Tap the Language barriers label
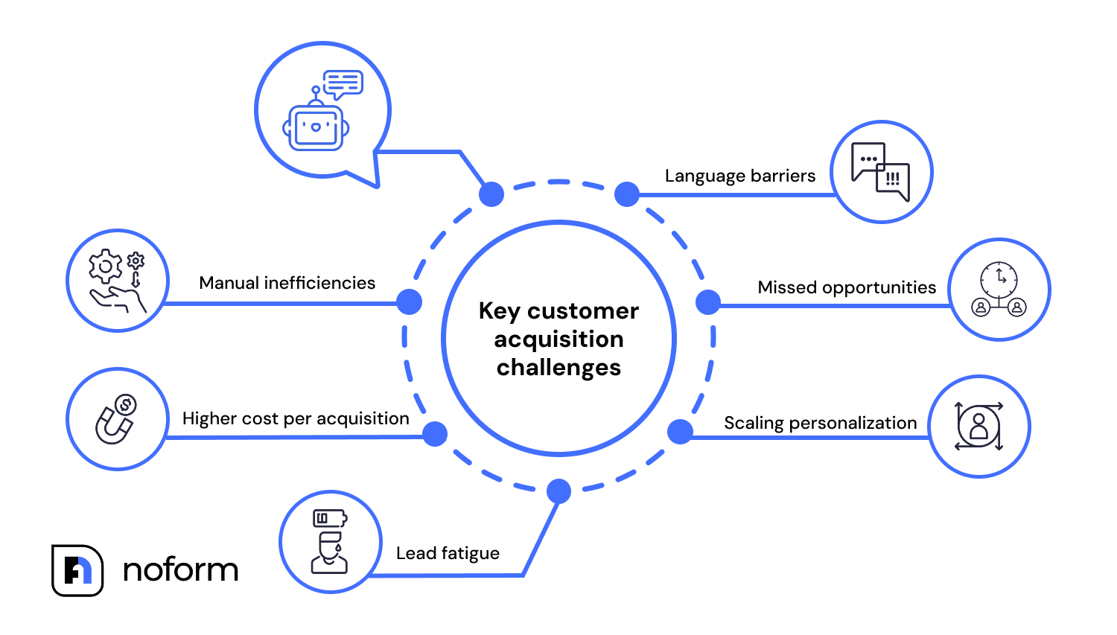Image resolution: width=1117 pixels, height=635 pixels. coord(739,176)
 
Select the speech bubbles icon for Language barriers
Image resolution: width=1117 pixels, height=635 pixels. coord(881,172)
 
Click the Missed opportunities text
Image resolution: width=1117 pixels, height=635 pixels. coord(847,287)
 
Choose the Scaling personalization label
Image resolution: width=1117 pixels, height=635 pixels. coord(820,423)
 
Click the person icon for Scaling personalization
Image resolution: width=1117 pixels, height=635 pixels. coord(978,427)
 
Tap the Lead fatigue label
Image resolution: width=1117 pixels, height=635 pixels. coord(448,553)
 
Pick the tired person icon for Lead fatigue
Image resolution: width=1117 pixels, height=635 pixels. coord(330,541)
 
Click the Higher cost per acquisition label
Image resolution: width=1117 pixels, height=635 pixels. coord(296,418)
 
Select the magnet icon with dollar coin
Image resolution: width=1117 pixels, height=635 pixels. coord(116,419)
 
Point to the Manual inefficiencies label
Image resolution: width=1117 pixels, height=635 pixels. coord(287,283)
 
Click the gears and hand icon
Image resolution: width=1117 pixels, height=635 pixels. coord(117,281)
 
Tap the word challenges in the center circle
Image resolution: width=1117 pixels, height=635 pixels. coord(558,368)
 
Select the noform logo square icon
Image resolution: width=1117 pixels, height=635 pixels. coord(77,570)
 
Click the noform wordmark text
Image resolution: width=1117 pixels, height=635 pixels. coord(180,570)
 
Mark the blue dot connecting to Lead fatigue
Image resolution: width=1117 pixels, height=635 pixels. coord(558,491)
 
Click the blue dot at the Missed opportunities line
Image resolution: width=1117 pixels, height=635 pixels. coord(707,302)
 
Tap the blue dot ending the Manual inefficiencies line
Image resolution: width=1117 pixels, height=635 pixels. coord(409,302)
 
